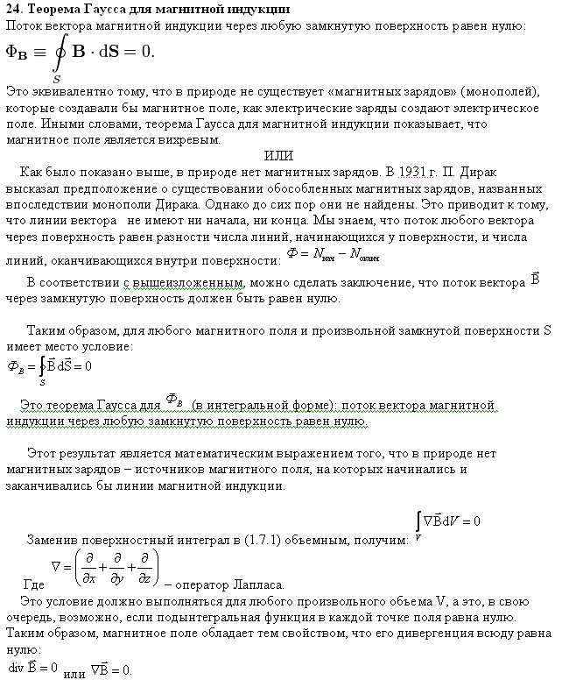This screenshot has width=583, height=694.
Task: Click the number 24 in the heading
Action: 13,9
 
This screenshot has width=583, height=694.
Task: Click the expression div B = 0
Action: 32,668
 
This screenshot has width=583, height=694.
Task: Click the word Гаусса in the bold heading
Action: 104,9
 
